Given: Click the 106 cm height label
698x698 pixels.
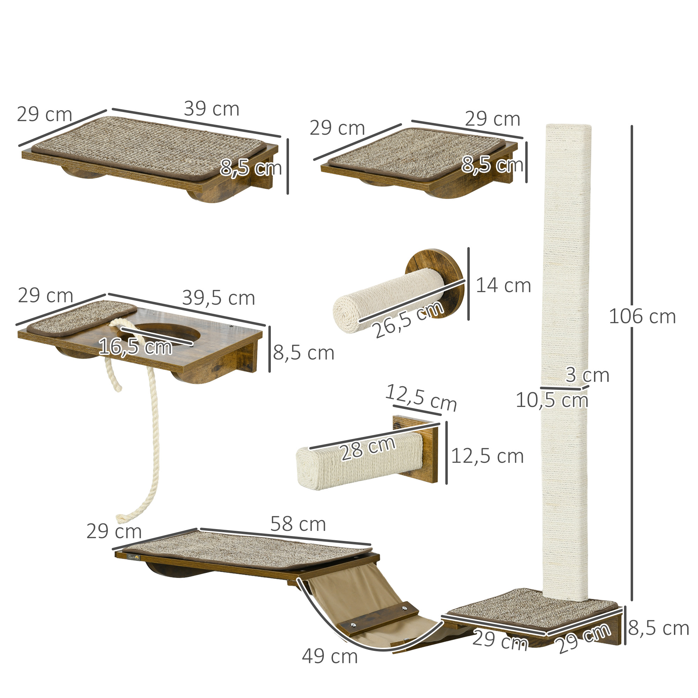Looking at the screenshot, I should (642, 317).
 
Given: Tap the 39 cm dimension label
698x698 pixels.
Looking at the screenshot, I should (211, 109).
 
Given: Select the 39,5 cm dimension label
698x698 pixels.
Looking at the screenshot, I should (218, 298).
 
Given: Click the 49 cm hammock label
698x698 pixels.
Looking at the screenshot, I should (329, 656).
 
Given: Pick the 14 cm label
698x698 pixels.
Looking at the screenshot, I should (503, 285).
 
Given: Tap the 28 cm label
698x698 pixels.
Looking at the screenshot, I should (368, 449).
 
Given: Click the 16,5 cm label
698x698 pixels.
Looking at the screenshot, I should (135, 347).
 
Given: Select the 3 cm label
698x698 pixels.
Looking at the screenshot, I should (587, 375).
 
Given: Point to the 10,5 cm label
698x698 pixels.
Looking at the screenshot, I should (552, 400).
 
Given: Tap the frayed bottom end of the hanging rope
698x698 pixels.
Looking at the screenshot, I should (121, 519).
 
